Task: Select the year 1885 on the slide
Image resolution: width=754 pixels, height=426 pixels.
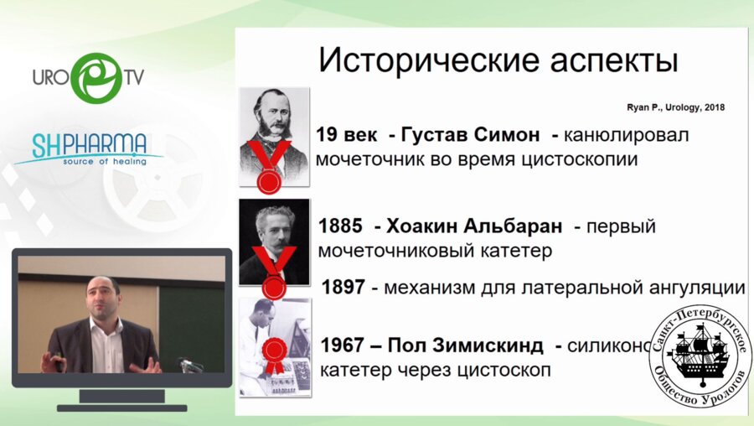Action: pos(341,226)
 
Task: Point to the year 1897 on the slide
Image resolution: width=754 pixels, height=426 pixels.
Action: pos(343,287)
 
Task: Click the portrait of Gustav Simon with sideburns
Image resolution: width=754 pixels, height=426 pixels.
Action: pos(274,126)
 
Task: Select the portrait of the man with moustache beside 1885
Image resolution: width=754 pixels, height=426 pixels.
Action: pos(274,235)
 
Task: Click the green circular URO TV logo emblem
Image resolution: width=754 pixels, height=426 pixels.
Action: pos(96,77)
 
